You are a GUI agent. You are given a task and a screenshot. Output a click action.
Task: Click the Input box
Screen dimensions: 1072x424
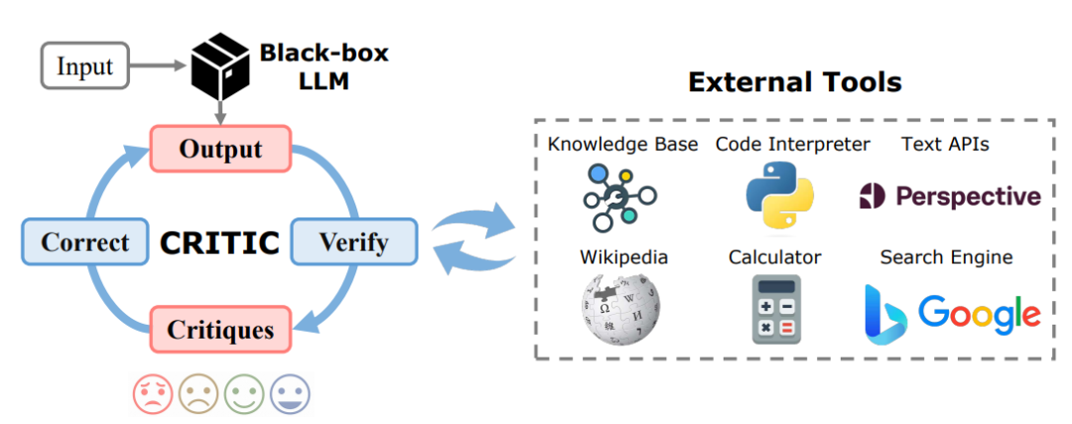(85, 66)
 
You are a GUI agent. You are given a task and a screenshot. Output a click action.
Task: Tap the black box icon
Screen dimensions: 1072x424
(218, 66)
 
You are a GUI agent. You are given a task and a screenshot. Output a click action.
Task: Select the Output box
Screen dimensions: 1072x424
(220, 148)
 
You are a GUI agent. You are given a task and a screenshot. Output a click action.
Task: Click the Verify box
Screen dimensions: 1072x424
(353, 241)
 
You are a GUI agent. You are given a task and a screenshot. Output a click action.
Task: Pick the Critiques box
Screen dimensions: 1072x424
(220, 331)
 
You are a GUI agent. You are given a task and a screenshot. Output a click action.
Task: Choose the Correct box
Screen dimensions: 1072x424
(84, 241)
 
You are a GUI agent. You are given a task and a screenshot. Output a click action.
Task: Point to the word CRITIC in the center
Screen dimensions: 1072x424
(219, 242)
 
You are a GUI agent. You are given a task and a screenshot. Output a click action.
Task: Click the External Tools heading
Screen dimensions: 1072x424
(795, 82)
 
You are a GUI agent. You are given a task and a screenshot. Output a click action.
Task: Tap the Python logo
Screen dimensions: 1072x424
(779, 196)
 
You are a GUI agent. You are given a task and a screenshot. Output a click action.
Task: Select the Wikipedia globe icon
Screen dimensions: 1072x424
(620, 310)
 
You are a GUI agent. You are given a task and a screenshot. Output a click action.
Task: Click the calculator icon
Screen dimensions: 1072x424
(776, 309)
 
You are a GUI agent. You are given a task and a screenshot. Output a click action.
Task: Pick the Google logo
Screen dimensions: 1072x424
(979, 314)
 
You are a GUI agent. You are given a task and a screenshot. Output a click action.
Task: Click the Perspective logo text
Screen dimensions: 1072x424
(968, 197)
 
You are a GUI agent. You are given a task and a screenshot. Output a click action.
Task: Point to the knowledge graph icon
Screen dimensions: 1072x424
(619, 197)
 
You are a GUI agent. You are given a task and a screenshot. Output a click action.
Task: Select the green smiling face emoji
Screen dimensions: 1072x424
(244, 394)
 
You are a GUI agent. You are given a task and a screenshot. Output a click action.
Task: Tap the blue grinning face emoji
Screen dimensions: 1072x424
(290, 394)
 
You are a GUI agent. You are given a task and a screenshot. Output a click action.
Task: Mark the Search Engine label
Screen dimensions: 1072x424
(946, 257)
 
